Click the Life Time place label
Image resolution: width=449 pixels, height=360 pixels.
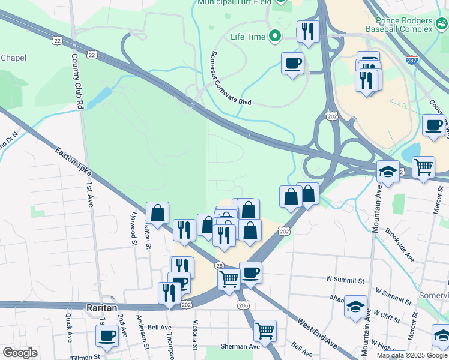click(x=248, y=37)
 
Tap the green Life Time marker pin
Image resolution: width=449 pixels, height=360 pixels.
click(x=276, y=37)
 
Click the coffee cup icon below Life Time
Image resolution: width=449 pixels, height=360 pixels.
click(x=292, y=63)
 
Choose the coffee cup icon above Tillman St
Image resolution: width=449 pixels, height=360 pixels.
click(x=107, y=336)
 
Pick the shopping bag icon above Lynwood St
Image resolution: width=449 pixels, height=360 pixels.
click(x=157, y=212)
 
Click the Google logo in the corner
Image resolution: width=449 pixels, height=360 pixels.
click(x=20, y=353)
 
